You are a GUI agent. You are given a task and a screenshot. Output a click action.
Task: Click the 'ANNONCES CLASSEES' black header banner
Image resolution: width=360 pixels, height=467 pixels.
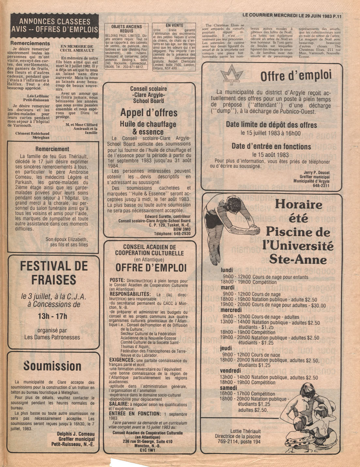pos(54,25)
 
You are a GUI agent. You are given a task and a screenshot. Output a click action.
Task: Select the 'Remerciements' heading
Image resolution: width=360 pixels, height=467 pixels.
pos(30,43)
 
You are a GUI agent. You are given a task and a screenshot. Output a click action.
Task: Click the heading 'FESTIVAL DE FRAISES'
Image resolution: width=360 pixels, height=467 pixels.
pos(54,273)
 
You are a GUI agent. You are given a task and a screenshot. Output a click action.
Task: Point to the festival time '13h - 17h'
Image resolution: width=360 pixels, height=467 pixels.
pos(52,316)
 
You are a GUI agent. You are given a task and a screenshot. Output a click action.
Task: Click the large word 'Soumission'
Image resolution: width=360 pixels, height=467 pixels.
pos(52,366)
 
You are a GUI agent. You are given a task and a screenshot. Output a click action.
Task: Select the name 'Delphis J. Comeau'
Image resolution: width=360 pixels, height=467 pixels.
pos(76,434)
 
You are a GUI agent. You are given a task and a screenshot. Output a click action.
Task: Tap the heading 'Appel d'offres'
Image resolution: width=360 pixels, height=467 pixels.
pos(149,113)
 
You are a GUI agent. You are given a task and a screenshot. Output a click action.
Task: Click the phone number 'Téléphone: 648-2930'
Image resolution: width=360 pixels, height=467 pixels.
pos(172,234)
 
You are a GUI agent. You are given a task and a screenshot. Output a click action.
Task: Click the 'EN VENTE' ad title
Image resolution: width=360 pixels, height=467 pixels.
pos(174,25)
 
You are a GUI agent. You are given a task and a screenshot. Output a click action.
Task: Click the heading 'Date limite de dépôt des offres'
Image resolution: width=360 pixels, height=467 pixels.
pos(271,125)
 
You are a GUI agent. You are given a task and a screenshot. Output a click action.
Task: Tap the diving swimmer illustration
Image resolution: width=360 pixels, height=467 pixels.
pos(232,222)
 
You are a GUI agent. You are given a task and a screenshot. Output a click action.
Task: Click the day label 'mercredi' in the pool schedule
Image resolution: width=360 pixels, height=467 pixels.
pos(231,310)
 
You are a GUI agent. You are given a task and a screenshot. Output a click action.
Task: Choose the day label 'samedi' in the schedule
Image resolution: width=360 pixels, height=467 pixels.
pos(228,388)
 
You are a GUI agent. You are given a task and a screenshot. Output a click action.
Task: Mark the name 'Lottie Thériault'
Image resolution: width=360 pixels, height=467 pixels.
pos(245,431)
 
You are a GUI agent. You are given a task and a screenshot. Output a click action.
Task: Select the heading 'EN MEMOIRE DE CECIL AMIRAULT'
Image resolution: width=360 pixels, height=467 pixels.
pos(77,48)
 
